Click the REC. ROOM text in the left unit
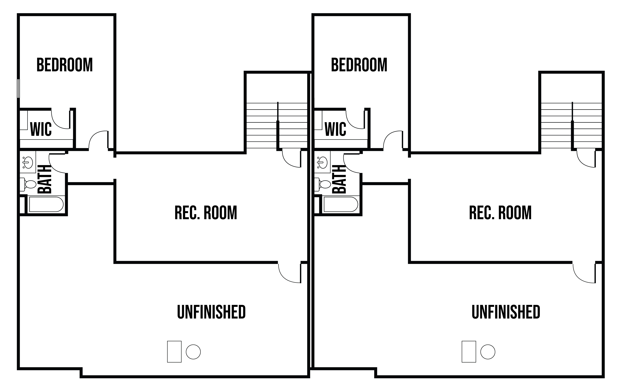206,213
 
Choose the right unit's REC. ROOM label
500,213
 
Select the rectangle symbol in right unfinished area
469,352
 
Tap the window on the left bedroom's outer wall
18,88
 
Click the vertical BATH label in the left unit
45,179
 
